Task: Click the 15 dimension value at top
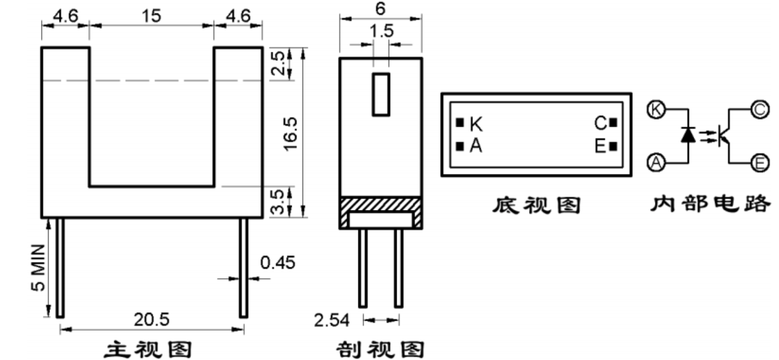[x=151, y=16]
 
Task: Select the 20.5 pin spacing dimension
[x=151, y=319]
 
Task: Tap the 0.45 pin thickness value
[x=277, y=262]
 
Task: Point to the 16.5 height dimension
[x=290, y=134]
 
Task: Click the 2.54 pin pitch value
[x=331, y=320]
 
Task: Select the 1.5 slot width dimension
[x=381, y=31]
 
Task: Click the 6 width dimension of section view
[x=380, y=9]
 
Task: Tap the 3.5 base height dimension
[x=279, y=201]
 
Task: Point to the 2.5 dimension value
[x=279, y=63]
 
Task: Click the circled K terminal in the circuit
[x=656, y=109]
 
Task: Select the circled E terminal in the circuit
[x=760, y=162]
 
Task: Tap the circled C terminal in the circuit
[x=759, y=109]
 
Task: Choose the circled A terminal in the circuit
[x=656, y=162]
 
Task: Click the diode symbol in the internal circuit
[x=688, y=134]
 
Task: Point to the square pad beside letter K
[x=460, y=123]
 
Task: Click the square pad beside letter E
[x=613, y=146]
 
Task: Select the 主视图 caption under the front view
[x=149, y=350]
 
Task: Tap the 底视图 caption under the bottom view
[x=535, y=205]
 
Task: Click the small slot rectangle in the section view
[x=381, y=95]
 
